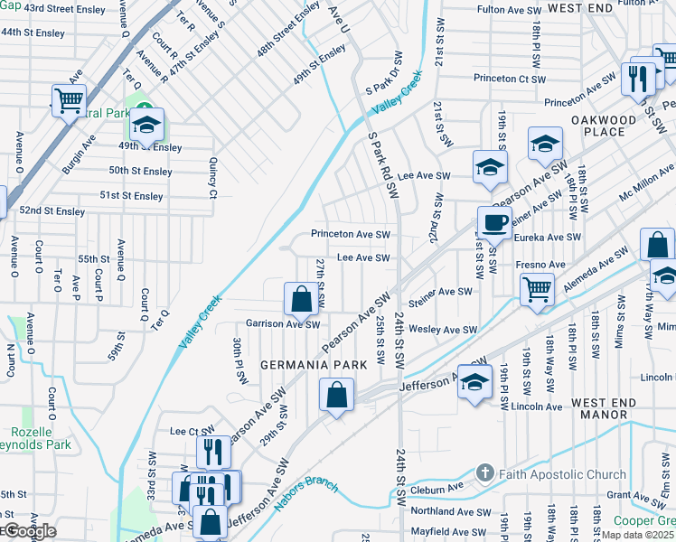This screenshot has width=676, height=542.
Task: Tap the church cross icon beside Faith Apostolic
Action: coord(485,473)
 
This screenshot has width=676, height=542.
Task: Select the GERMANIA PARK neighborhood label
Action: coord(314,365)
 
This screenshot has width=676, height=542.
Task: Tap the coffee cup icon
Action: coord(493,221)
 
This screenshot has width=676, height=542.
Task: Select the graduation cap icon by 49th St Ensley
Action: coord(146,123)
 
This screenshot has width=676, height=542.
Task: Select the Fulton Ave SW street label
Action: coord(507,9)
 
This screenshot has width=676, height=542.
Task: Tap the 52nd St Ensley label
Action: coord(52,211)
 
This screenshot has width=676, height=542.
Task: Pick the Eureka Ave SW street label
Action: coord(546,238)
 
